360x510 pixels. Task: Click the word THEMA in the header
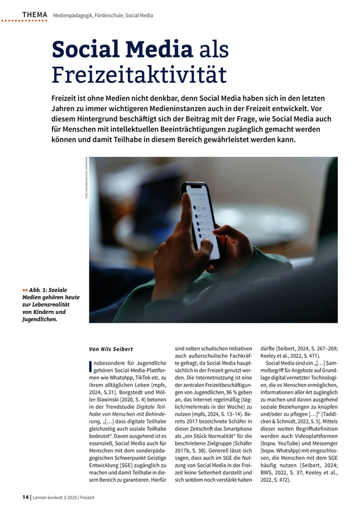pos(34,15)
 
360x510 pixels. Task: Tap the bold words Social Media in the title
pos(122,50)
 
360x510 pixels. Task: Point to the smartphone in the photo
pos(200,220)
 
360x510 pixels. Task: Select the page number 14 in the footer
pos(25,497)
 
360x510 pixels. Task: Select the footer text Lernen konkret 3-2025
pos(54,497)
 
